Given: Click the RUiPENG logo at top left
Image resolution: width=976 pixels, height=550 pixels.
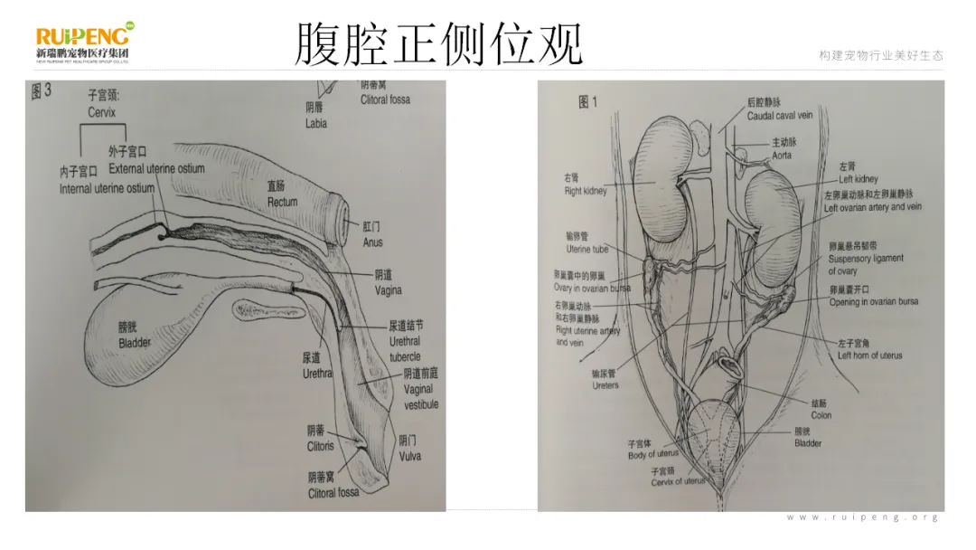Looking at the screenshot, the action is coord(84,42).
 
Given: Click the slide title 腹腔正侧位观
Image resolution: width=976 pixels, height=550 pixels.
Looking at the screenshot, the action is coord(439,44).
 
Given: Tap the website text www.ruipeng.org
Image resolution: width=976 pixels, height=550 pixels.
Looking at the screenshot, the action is coord(862,517).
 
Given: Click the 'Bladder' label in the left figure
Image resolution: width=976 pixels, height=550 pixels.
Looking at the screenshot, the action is coord(135,344).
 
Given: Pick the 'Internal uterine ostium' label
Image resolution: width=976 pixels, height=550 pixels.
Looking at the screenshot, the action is coord(107,189).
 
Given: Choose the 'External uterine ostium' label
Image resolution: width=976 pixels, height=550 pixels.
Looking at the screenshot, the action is coord(156,168).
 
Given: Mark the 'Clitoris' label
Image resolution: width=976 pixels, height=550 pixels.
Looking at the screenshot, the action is coord(320,446).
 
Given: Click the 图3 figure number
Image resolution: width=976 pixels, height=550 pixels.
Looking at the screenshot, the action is coord(42,90).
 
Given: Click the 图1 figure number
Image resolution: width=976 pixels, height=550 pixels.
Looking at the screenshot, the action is coord(587,102).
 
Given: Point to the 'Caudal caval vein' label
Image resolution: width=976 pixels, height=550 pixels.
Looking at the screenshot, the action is coord(780,116).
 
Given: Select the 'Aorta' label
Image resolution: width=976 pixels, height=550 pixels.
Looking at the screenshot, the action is coord(782,155).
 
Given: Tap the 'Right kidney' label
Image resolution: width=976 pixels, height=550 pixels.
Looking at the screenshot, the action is coord(585,192).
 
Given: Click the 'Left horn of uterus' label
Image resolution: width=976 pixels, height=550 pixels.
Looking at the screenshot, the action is coord(869,356).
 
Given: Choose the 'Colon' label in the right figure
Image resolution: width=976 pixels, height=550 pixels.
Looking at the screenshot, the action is coord(821,416).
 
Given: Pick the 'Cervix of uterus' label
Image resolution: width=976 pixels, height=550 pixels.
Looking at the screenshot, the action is coord(679,482).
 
